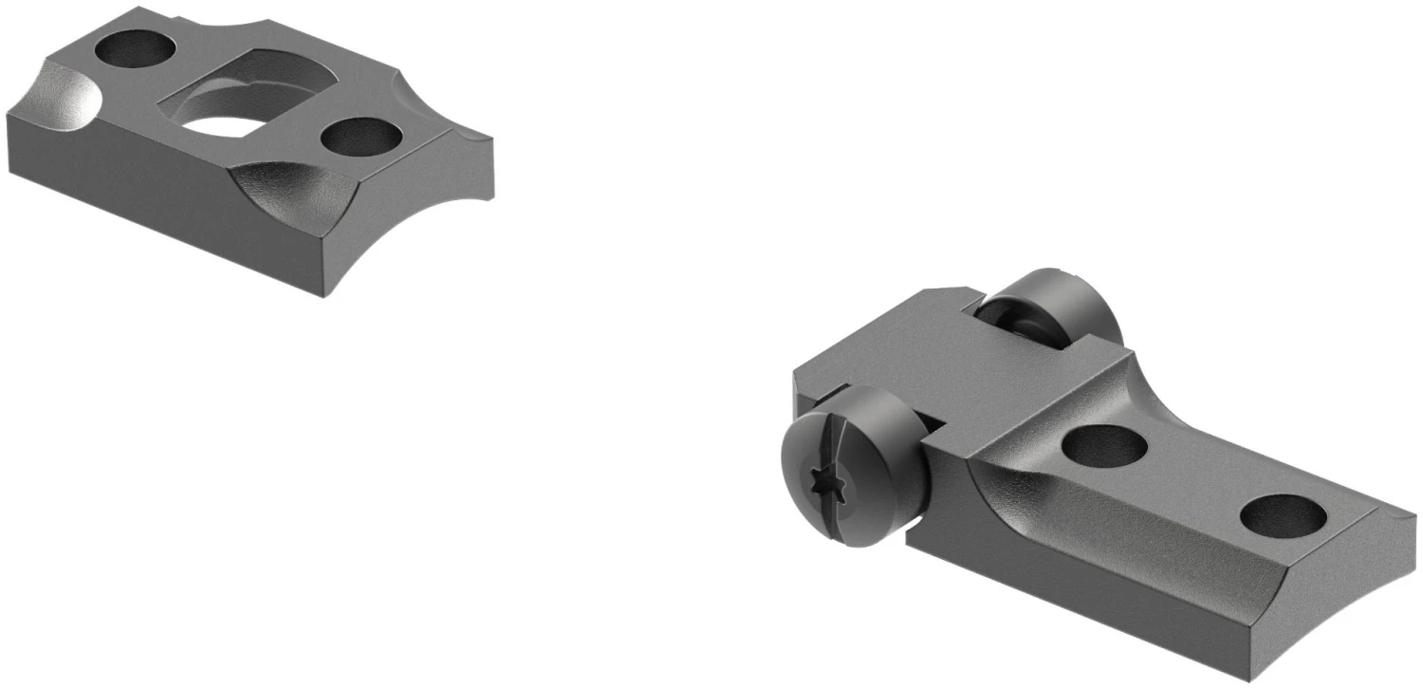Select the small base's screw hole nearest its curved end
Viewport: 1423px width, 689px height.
click(x=360, y=138)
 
